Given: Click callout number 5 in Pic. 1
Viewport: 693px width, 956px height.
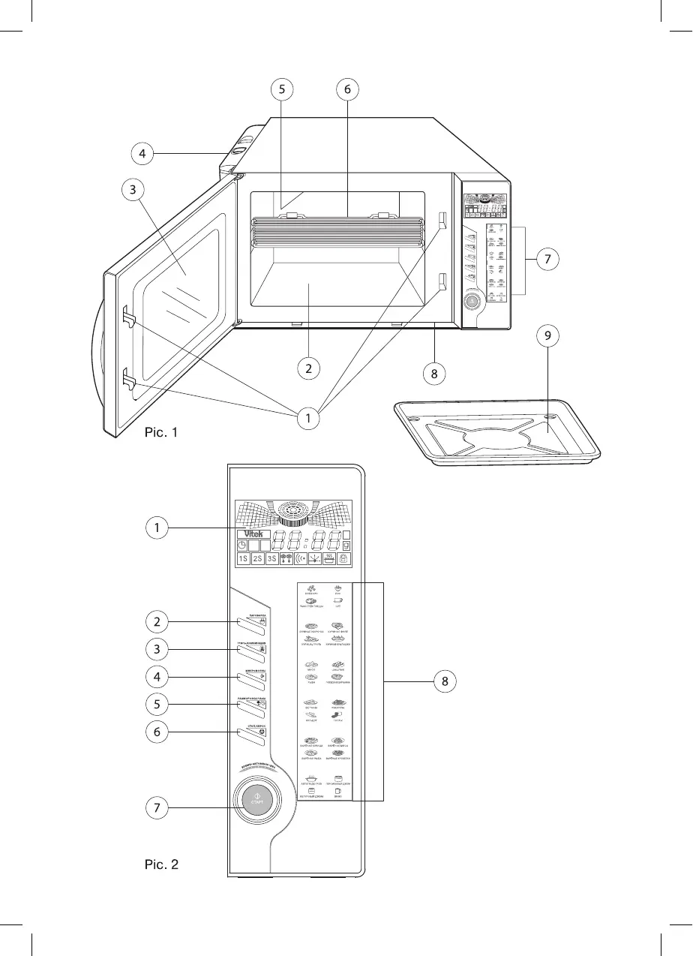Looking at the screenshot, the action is click(x=281, y=89).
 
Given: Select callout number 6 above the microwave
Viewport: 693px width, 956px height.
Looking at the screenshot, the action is click(x=347, y=89).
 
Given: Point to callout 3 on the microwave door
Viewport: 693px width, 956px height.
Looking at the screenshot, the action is click(x=133, y=189).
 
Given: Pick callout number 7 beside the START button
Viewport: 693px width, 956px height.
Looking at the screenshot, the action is click(x=157, y=808).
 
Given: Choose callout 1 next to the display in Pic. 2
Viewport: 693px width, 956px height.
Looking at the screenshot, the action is click(x=157, y=528).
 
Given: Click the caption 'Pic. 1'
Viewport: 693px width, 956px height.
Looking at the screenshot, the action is click(x=161, y=433).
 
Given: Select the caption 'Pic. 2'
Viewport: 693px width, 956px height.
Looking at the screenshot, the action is click(x=161, y=864).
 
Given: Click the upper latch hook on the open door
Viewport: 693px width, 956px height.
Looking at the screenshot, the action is click(x=128, y=318).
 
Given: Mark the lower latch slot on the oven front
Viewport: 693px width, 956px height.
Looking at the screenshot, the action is click(x=442, y=281).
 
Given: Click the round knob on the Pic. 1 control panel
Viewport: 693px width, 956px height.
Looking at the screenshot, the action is click(x=472, y=302).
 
